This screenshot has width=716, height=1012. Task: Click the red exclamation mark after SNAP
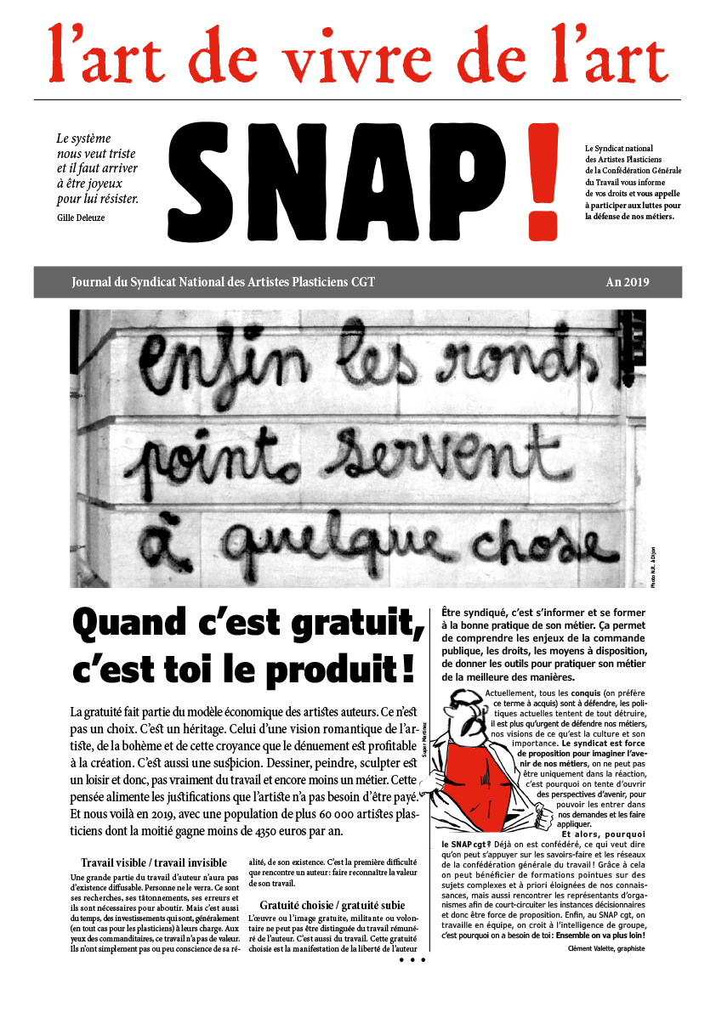tap(543, 180)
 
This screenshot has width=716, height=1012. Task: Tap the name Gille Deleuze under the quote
tap(82, 218)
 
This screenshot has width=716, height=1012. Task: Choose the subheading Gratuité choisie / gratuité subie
tap(332, 905)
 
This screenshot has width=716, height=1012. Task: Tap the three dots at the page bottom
tap(412, 959)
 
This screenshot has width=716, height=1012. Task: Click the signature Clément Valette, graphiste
tap(606, 948)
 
